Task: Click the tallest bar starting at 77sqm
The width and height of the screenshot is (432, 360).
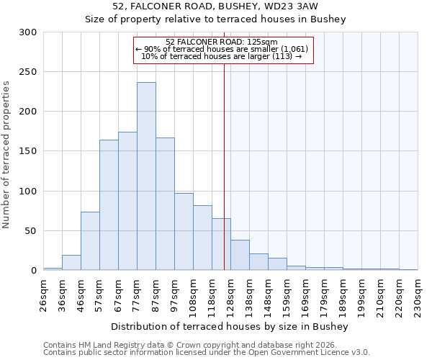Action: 146,176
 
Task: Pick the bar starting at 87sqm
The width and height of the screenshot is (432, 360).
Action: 165,204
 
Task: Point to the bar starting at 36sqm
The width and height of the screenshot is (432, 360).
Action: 71,263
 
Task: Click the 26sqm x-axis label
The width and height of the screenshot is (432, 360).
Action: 44,294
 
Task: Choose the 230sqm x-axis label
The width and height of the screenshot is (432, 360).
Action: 418,294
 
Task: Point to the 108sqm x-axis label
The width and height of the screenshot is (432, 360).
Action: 194,294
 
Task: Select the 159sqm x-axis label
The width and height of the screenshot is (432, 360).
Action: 287,294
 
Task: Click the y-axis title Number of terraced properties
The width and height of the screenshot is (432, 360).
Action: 7,154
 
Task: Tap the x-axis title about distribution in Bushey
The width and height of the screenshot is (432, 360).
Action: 230,327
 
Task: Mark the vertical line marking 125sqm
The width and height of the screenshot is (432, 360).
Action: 224,166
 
